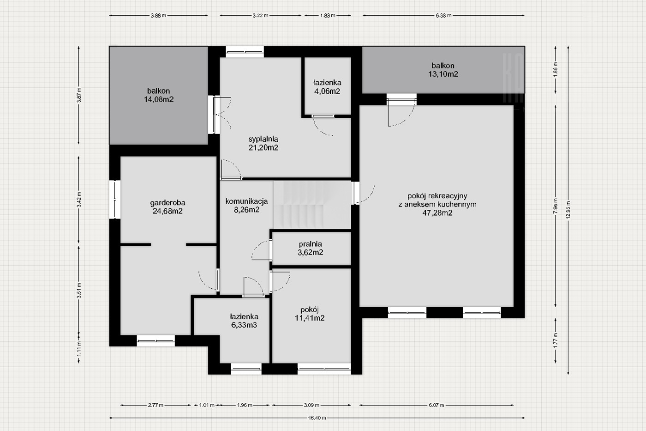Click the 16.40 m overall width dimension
(x=317, y=418)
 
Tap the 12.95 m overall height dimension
(x=568, y=210)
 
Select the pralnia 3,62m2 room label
(x=310, y=248)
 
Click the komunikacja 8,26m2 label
(x=246, y=205)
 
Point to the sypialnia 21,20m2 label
(x=263, y=143)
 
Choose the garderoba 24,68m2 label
(x=167, y=206)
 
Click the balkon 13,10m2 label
(x=443, y=70)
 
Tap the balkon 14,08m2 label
(x=159, y=95)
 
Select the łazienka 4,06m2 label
(x=327, y=87)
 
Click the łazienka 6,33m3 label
(x=244, y=321)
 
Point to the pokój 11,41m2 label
(x=310, y=314)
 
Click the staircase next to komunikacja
(x=312, y=205)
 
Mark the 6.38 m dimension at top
(x=443, y=15)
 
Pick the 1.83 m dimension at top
(x=328, y=15)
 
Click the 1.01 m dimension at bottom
(x=207, y=405)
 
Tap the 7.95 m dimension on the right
(x=556, y=206)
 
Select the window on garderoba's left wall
(x=115, y=200)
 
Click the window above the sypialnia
(x=245, y=52)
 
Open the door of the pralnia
(x=261, y=250)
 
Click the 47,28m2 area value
(x=437, y=213)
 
